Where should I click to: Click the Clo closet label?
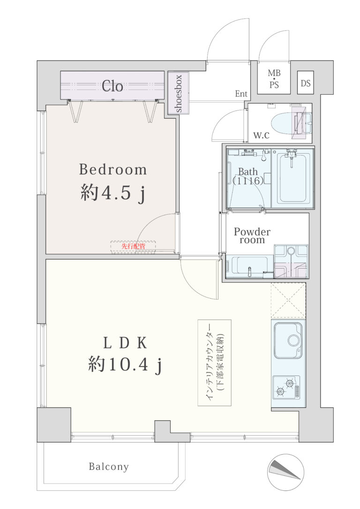pos(112,86)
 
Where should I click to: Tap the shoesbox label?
pos(178,93)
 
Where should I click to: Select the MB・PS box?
pos(274,79)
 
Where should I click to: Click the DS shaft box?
pos(305,83)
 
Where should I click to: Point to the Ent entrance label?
pos(241,94)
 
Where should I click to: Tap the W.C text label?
pos(261,135)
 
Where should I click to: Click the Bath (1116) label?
pos(248,176)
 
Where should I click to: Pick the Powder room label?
pos(252,236)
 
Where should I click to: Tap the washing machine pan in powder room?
pos(291,262)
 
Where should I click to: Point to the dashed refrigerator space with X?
pos(288,300)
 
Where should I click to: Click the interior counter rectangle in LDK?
pos(215,363)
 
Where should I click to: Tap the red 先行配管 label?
pos(134,246)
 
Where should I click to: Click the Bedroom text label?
pos(112,170)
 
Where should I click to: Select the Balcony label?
pos(109,467)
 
